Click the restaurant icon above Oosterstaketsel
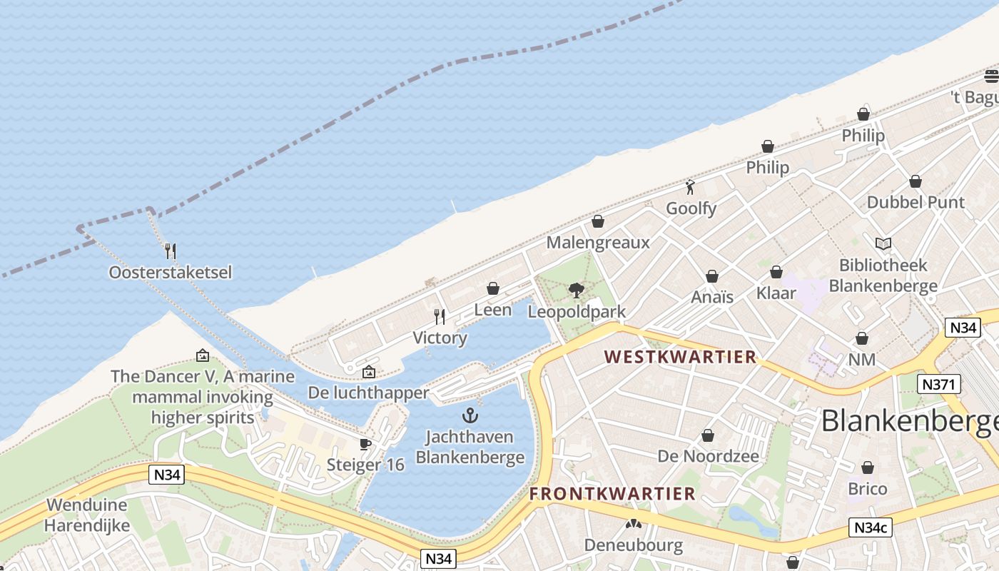(x=170, y=251)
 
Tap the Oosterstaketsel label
(x=171, y=273)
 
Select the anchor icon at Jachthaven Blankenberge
(x=470, y=415)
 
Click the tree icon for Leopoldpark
(x=577, y=290)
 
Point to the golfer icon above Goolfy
(x=690, y=188)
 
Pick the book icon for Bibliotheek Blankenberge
(x=883, y=244)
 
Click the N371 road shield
(x=938, y=385)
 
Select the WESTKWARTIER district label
(x=680, y=357)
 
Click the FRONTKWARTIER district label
(x=612, y=494)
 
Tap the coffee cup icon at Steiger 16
(x=365, y=445)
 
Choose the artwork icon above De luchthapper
(x=368, y=372)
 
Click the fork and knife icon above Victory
(x=440, y=316)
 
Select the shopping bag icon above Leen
(x=492, y=288)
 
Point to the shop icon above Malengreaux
(x=598, y=221)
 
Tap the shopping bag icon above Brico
(x=868, y=468)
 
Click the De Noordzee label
(x=708, y=456)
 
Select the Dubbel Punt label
(x=916, y=203)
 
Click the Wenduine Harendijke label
(x=87, y=515)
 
